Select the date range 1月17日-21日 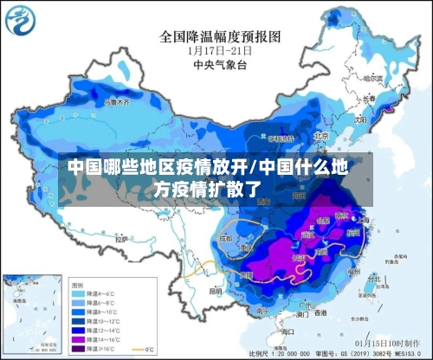220,50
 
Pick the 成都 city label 226,237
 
